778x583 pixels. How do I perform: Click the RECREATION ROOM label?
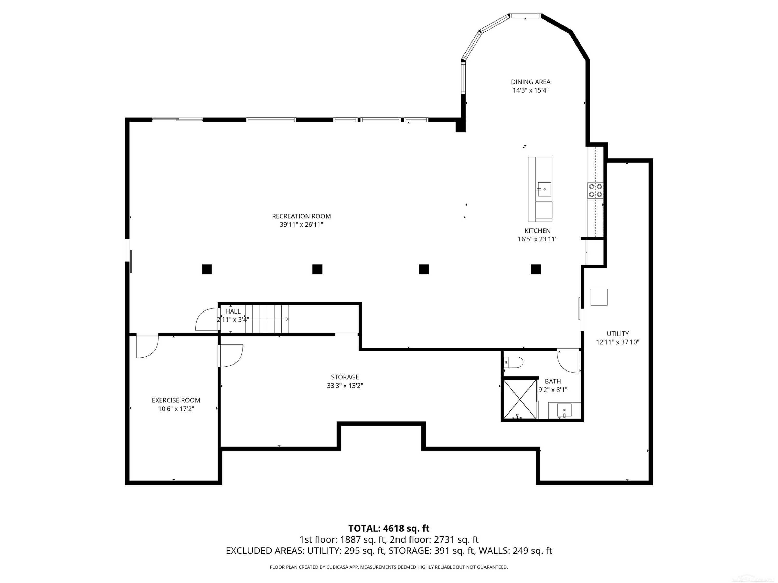(x=301, y=216)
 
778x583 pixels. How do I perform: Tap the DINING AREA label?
(x=530, y=82)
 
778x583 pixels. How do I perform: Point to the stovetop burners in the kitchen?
(x=595, y=190)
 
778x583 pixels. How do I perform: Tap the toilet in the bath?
(x=513, y=362)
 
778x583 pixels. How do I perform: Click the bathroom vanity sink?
(x=564, y=410)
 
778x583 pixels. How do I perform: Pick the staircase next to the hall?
(x=267, y=319)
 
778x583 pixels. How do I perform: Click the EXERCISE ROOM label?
(x=176, y=400)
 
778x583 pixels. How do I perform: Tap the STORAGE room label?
(x=345, y=377)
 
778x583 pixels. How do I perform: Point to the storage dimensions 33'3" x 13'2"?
(x=345, y=386)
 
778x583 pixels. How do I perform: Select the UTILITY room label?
(x=618, y=333)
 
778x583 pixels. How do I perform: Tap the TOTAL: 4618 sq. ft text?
(x=389, y=528)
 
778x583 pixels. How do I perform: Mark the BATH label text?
(x=553, y=381)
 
